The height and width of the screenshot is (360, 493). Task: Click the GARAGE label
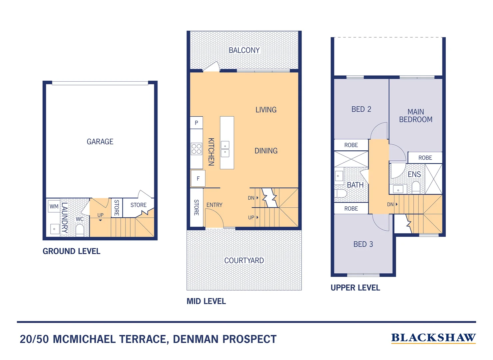pos(100,142)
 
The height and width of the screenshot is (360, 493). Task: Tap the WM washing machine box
pos(54,207)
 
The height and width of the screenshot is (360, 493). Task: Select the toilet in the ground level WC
pos(80,230)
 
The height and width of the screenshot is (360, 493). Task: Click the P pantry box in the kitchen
pos(196,123)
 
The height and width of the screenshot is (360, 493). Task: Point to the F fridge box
pos(198,178)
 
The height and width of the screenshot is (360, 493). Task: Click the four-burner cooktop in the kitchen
pos(196,149)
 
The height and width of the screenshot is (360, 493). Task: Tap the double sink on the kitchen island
pos(225,149)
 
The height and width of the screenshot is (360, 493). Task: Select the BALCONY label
pos(244,50)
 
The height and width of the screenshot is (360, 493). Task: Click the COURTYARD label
pos(244,260)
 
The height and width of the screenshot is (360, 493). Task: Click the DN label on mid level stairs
pos(251,198)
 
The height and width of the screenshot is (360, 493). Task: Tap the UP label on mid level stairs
pos(251,217)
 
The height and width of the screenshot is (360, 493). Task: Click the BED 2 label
pos(361,109)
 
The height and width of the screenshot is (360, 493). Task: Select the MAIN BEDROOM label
pos(416,116)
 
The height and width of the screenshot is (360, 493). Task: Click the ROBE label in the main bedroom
pos(425,158)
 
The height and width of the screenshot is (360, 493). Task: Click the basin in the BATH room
pos(339,176)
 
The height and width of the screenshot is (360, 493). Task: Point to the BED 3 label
pos(363,244)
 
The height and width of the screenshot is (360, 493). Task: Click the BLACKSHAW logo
pos(433,338)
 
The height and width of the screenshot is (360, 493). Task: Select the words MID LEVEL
pos(206,301)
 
